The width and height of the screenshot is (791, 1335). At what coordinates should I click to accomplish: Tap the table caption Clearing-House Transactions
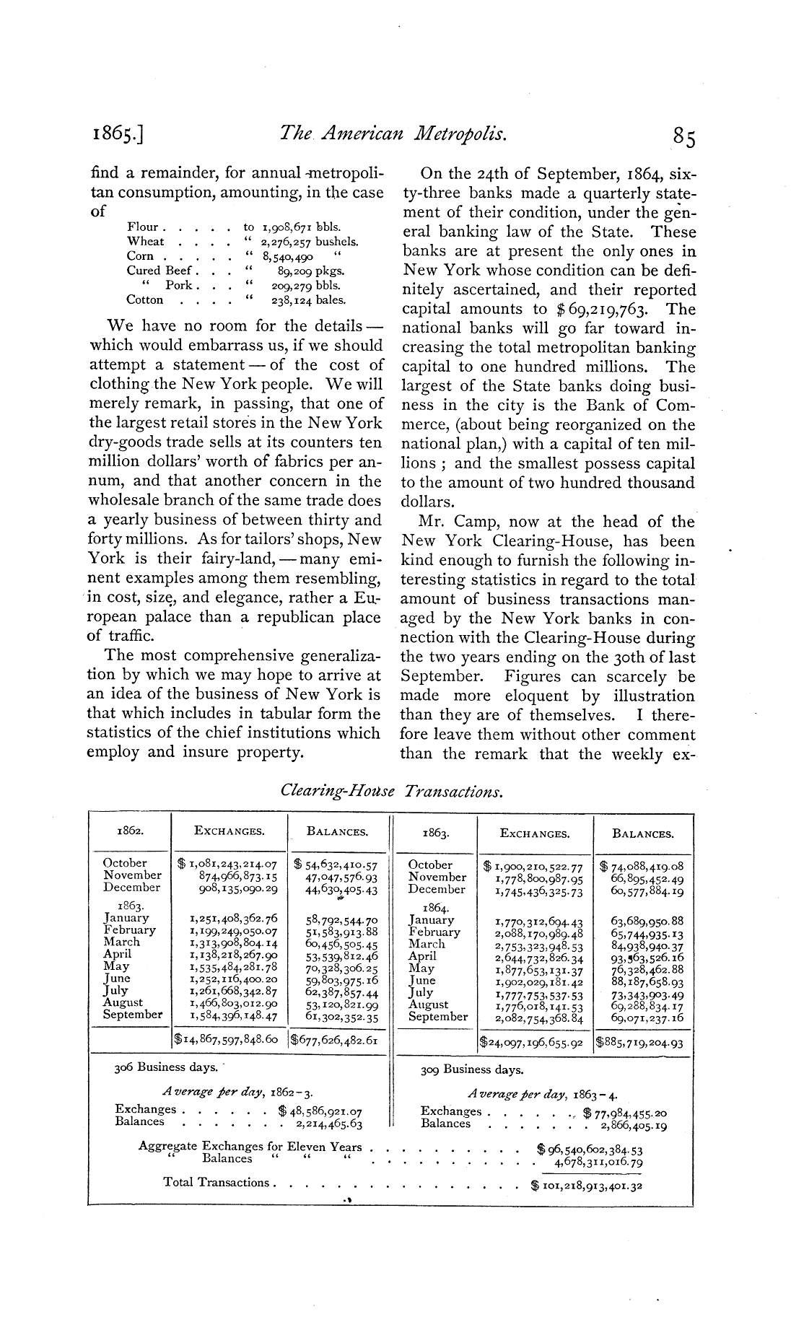[390, 791]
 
